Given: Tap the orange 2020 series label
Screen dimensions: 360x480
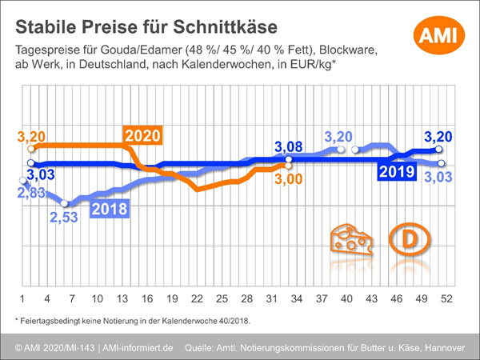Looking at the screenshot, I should coord(142,135).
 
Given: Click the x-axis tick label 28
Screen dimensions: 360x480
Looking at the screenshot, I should coord(246,298).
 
